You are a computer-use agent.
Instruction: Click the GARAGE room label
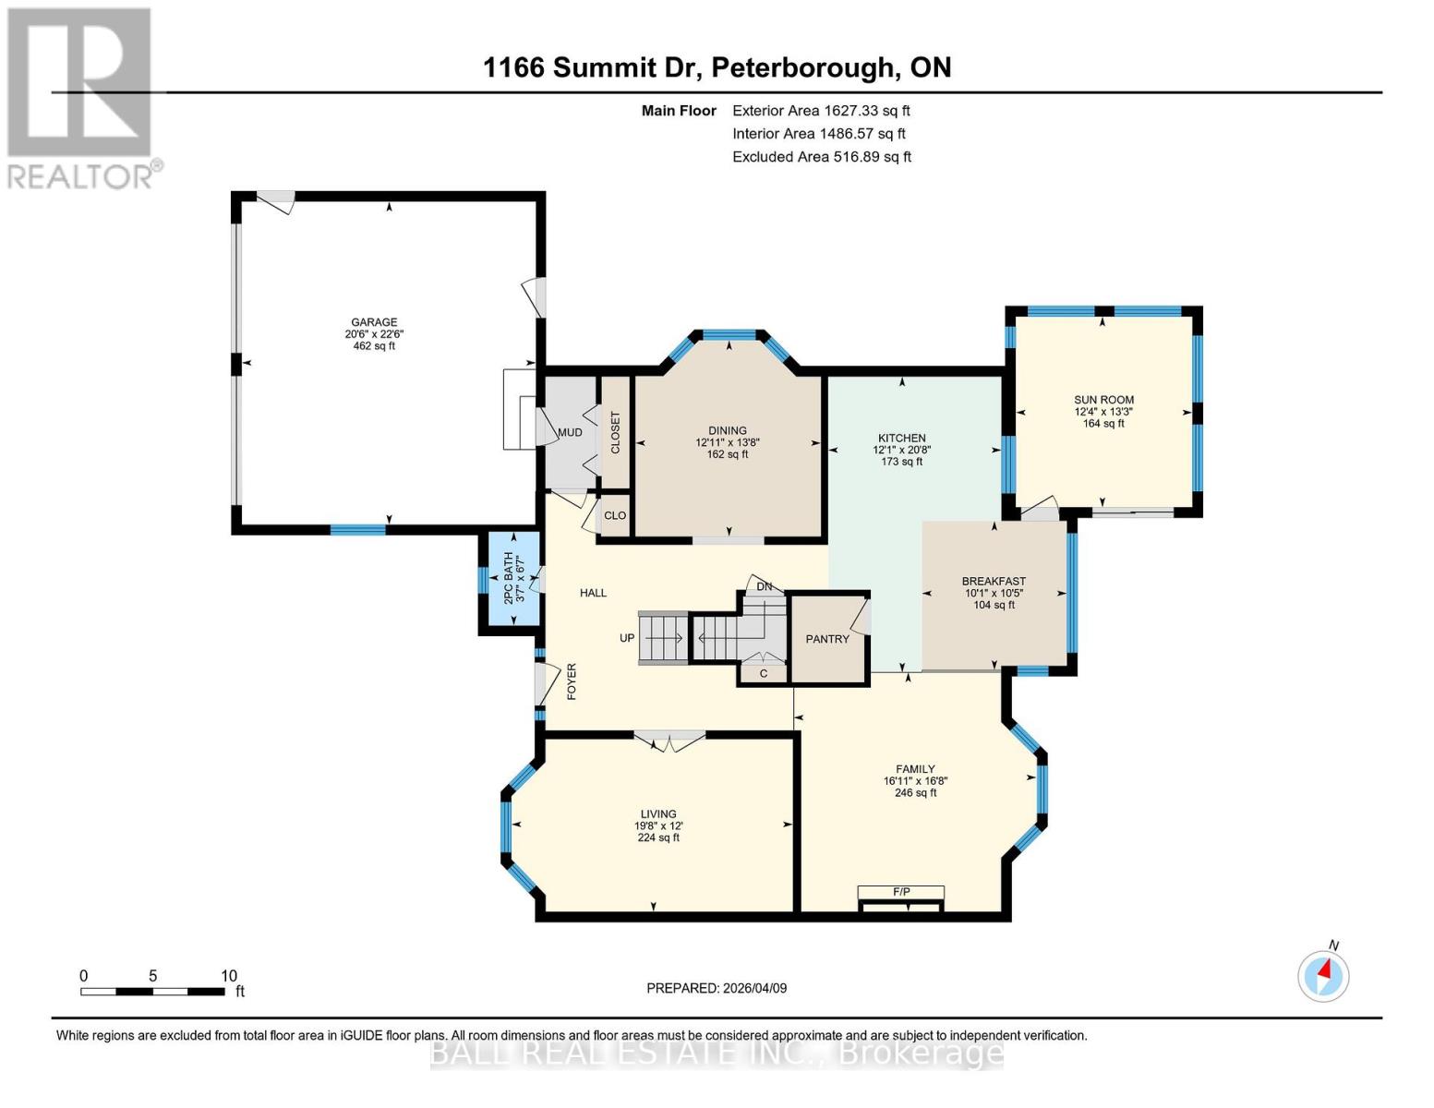374,322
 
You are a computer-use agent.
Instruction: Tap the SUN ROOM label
1103,400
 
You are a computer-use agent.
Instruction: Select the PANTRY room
827,639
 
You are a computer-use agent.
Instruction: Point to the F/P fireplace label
901,891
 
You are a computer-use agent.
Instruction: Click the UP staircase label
627,638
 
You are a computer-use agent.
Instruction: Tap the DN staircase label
764,586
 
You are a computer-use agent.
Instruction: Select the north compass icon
1323,975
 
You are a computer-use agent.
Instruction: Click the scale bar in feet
153,991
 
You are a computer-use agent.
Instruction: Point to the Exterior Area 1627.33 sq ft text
821,111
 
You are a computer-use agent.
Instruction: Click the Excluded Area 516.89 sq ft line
822,157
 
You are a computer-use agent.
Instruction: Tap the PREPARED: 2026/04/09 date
717,988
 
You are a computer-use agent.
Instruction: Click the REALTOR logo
81,97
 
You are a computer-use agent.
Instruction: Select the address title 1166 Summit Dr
717,67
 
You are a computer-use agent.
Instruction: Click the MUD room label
570,432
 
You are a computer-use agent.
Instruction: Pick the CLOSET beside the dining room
616,432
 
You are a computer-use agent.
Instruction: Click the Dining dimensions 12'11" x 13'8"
728,442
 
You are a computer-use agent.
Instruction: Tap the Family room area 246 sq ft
915,792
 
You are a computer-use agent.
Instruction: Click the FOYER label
572,681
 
